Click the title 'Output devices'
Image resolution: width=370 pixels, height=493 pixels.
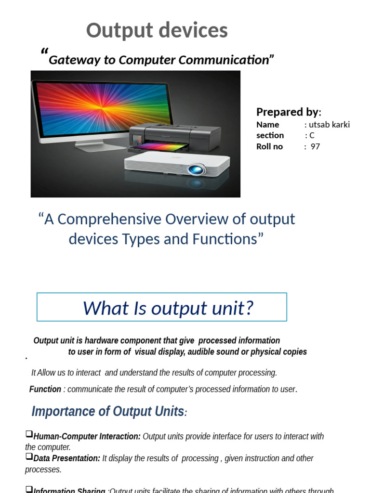coord(157,31)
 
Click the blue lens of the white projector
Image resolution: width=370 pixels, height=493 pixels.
coord(196,169)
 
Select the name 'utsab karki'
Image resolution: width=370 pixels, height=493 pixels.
coord(330,125)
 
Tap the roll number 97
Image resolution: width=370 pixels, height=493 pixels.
coord(315,146)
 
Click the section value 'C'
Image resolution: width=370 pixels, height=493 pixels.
coord(312,135)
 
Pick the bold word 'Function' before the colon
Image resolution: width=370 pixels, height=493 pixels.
coord(45,389)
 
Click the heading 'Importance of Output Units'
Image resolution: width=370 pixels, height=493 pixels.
coord(107,412)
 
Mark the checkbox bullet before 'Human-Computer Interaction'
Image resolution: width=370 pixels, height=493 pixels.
coord(29,434)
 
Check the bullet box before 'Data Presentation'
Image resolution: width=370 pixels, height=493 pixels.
coord(29,456)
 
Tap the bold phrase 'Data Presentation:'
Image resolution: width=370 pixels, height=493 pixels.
coord(67,458)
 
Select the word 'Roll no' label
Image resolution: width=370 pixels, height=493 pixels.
coord(270,146)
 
